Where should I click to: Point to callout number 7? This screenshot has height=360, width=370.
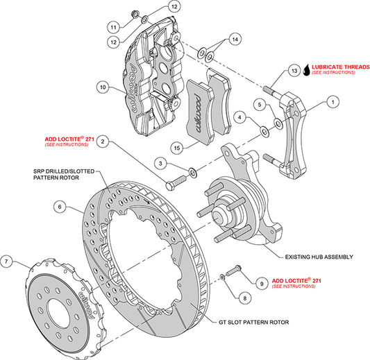(8, 262)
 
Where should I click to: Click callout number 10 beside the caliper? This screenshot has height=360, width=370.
(103, 87)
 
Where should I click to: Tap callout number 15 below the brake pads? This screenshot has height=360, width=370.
(178, 147)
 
